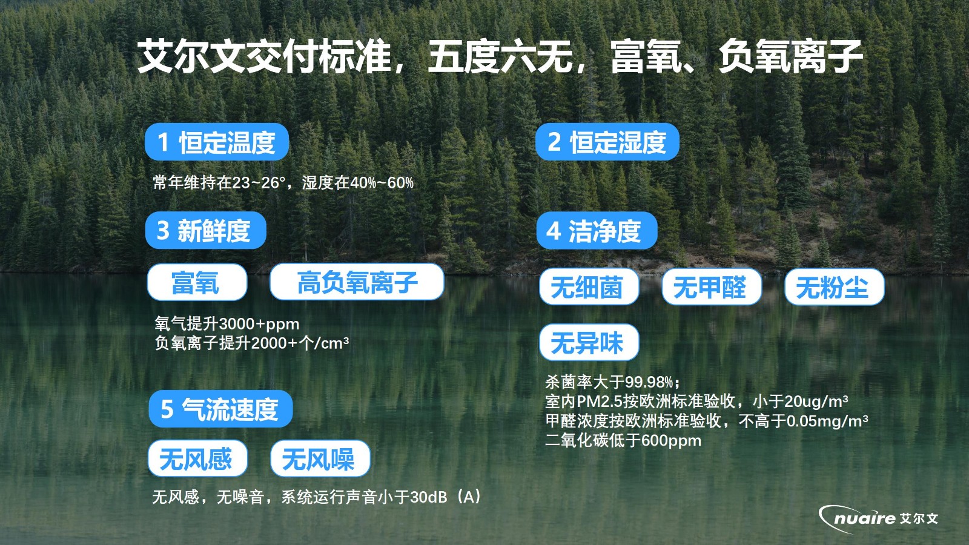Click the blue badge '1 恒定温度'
pos(217,142)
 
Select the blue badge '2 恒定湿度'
pos(607,142)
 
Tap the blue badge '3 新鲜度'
pos(205,230)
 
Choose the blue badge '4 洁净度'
pos(597,231)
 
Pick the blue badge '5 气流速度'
pos(220,409)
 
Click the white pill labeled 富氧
pos(197,282)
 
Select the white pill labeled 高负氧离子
pos(357,282)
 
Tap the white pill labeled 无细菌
pos(589,287)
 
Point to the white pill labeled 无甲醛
pos(712,287)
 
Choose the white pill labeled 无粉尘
pos(835,287)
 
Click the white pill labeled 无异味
pos(589,342)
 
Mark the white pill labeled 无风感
pos(197,458)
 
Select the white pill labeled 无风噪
pos(320,458)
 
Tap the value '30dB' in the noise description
pos(429,497)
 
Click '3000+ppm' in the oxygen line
pos(259,324)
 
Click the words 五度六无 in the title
pos(500,56)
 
